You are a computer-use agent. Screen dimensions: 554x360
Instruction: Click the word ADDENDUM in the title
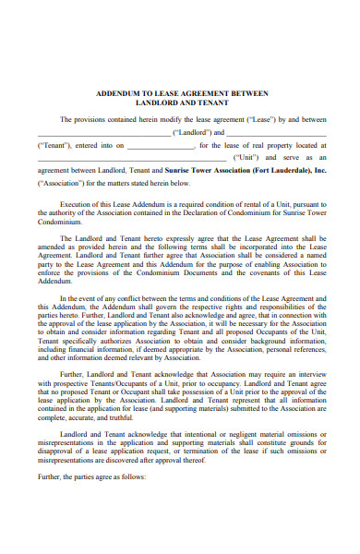point(117,94)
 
